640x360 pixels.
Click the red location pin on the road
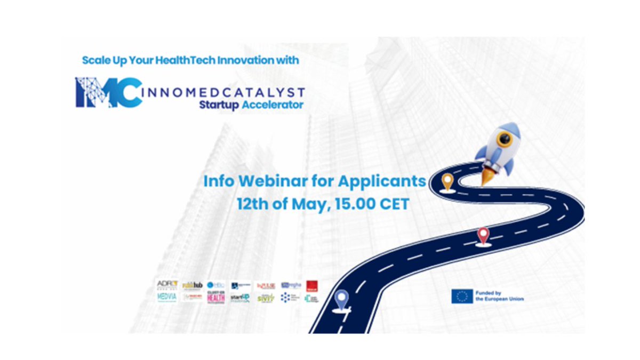coord(483,235)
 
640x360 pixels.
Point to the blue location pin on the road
coord(341,299)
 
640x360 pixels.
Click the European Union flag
coord(462,297)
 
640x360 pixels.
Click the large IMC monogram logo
coord(109,92)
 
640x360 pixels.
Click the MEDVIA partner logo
coord(167,297)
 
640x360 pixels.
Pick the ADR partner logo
coord(166,285)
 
